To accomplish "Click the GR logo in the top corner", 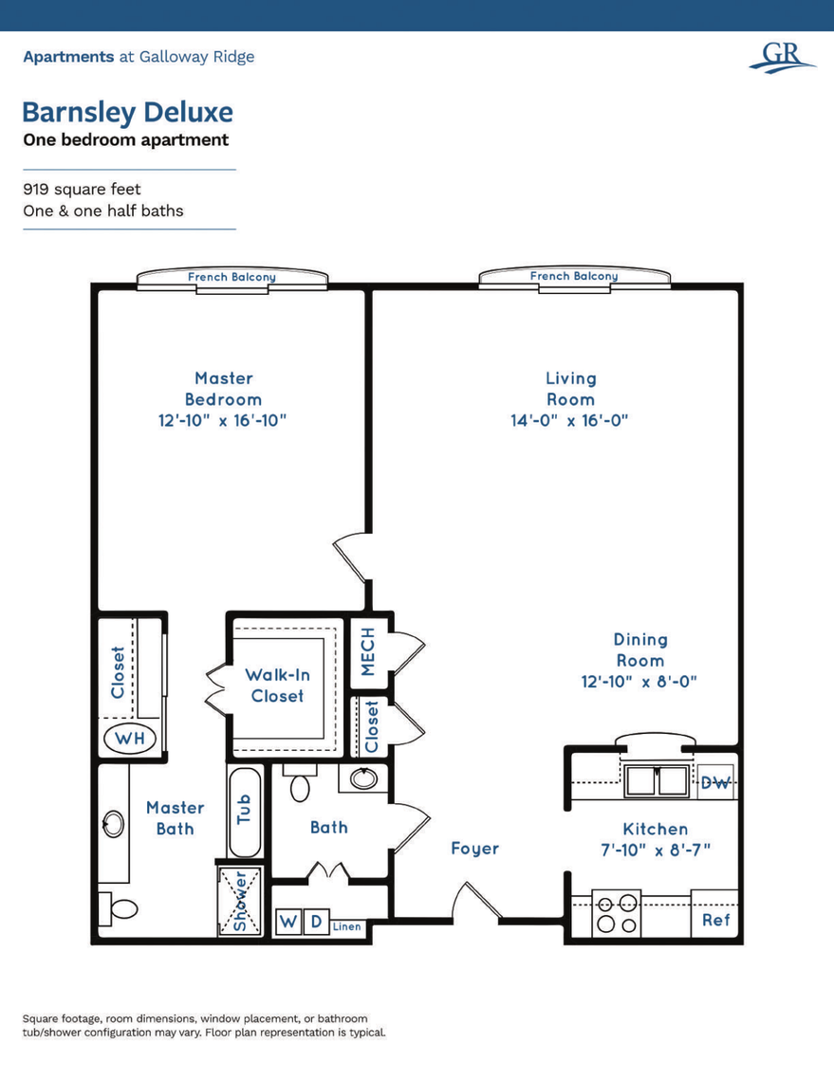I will tap(781, 56).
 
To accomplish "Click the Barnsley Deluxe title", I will tap(127, 112).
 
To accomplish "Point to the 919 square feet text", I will tap(82, 190).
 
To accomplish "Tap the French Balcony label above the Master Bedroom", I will tap(232, 277).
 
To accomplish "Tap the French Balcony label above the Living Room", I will tap(573, 276).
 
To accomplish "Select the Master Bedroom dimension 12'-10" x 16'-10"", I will tap(222, 420).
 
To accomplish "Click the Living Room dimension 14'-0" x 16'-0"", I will tap(570, 420).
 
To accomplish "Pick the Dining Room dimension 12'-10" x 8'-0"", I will tap(639, 681).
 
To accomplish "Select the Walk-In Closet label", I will tap(277, 685).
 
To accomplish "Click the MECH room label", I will tap(368, 651).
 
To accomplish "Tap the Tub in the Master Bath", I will tap(244, 812).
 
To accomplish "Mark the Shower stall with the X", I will tap(239, 901).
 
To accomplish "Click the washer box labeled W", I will tap(287, 922).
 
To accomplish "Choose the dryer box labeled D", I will tap(316, 922).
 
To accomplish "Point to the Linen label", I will tap(346, 926).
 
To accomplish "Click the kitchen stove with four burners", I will tap(617, 914).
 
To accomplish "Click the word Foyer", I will tap(474, 848).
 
